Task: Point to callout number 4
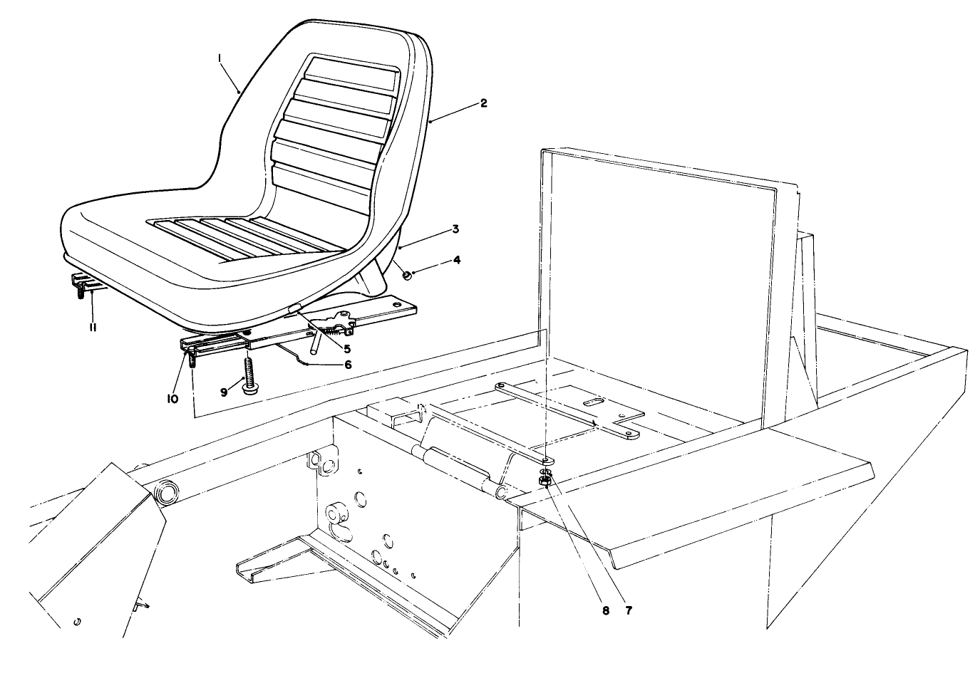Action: click(x=457, y=261)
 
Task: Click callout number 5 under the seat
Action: click(x=347, y=349)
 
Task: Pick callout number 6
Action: click(x=347, y=364)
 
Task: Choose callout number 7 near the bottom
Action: click(x=629, y=610)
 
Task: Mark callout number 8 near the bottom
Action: click(x=606, y=610)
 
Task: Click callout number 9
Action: click(x=224, y=392)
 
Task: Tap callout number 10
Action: click(x=172, y=399)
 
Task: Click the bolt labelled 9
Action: click(x=249, y=375)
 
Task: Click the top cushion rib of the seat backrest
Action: click(x=351, y=71)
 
